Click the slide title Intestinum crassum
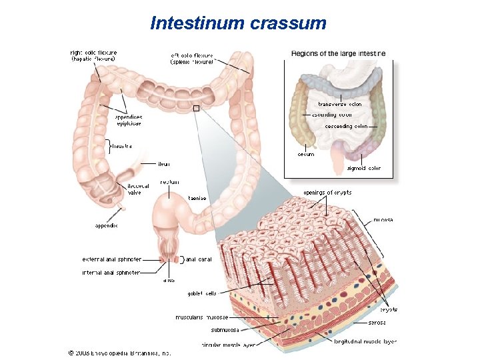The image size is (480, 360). pyautogui.click(x=239, y=23)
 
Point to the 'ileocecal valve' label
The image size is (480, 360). pyautogui.click(x=134, y=189)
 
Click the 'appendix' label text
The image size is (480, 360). pyautogui.click(x=106, y=225)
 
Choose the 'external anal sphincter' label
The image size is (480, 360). pyautogui.click(x=111, y=259)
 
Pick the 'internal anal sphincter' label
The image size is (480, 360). pyautogui.click(x=111, y=273)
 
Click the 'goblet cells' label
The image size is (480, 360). pyautogui.click(x=202, y=293)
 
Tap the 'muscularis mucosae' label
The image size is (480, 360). pyautogui.click(x=202, y=317)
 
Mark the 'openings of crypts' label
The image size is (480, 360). pyautogui.click(x=328, y=193)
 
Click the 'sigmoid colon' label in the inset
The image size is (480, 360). pyautogui.click(x=365, y=169)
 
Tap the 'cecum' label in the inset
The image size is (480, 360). pyautogui.click(x=306, y=155)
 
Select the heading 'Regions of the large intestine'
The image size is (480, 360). pyautogui.click(x=339, y=53)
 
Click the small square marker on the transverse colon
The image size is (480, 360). pyautogui.click(x=195, y=108)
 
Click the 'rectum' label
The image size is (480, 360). pyautogui.click(x=169, y=182)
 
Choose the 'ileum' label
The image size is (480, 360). pyautogui.click(x=164, y=163)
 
